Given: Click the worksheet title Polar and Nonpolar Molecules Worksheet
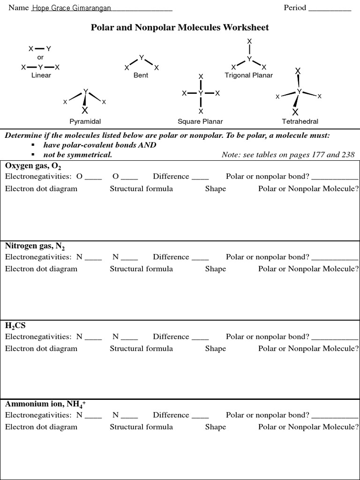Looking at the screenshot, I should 180,28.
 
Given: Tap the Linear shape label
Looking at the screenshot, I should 41,75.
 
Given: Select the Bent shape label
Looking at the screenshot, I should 141,75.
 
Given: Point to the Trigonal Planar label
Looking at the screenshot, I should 248,75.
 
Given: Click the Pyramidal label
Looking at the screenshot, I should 85,121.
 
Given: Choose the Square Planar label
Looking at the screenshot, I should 200,121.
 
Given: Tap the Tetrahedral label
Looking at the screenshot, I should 300,121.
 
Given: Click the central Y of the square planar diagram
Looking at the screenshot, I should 201,93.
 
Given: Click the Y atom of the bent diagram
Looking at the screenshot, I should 142,58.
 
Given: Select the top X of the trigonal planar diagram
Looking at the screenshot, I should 249,42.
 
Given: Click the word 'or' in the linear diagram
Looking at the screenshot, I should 40,57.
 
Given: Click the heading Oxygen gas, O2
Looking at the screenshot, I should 33,166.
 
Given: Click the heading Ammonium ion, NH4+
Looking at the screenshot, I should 45,404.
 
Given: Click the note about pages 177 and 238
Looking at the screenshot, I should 288,155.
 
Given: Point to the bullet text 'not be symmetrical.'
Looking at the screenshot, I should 77,155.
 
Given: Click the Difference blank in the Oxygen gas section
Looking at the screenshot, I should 200,177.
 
